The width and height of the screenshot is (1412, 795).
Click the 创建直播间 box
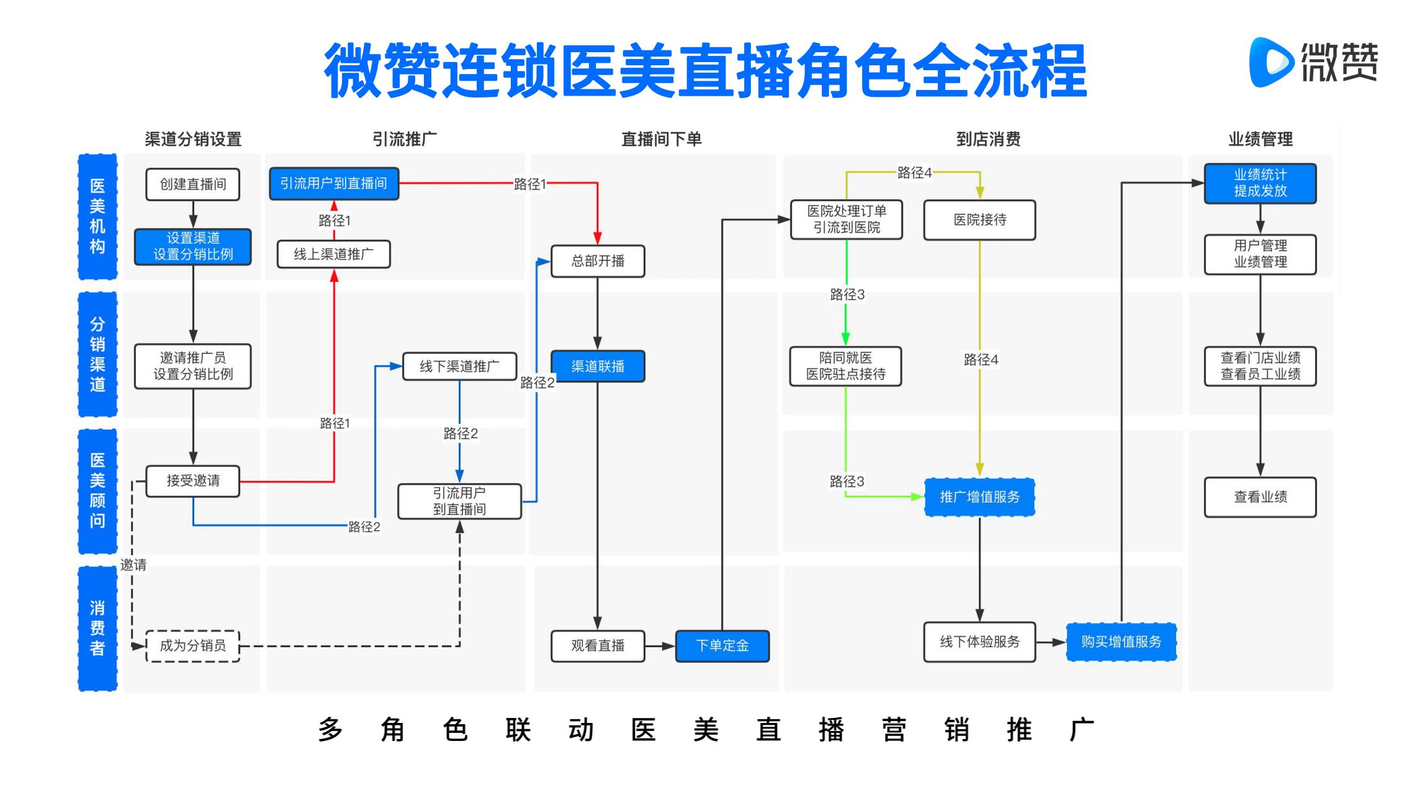(x=192, y=184)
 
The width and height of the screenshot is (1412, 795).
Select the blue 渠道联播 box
(x=597, y=366)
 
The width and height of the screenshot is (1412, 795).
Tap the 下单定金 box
(x=722, y=646)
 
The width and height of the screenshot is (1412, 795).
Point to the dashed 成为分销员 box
(x=192, y=646)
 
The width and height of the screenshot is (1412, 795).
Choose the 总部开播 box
(x=597, y=261)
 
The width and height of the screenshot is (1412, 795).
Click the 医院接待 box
(x=979, y=220)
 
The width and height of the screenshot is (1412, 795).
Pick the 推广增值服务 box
(x=979, y=497)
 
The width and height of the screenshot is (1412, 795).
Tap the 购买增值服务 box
(x=1121, y=642)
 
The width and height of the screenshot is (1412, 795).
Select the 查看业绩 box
(x=1260, y=497)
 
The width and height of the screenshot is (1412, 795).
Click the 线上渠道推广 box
(x=333, y=254)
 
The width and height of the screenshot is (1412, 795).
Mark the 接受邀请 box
(x=192, y=481)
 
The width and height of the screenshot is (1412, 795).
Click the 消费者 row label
(x=97, y=628)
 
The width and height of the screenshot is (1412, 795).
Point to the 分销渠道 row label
(x=97, y=354)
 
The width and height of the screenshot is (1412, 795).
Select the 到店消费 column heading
(x=988, y=139)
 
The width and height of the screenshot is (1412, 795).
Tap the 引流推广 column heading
(x=404, y=139)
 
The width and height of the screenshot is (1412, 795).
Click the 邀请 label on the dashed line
(x=133, y=565)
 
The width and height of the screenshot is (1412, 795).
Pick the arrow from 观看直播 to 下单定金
(x=660, y=646)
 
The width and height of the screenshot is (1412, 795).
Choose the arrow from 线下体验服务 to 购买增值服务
(x=1051, y=642)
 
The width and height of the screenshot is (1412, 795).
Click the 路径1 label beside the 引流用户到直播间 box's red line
(x=529, y=184)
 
